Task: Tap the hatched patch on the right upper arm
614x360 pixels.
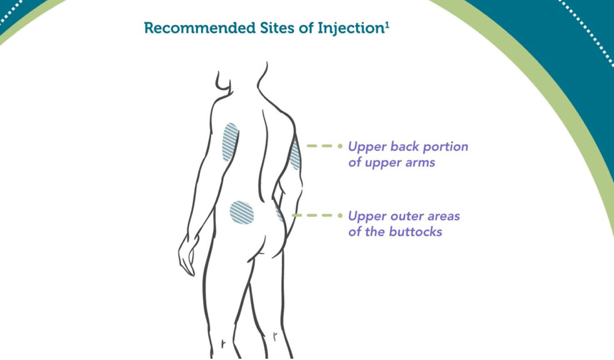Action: coord(295,155)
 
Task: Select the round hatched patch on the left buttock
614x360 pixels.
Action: coord(241,212)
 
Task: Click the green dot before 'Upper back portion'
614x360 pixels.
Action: coord(341,147)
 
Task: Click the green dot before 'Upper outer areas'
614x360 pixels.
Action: coord(341,216)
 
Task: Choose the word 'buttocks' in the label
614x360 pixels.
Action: coord(418,232)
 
